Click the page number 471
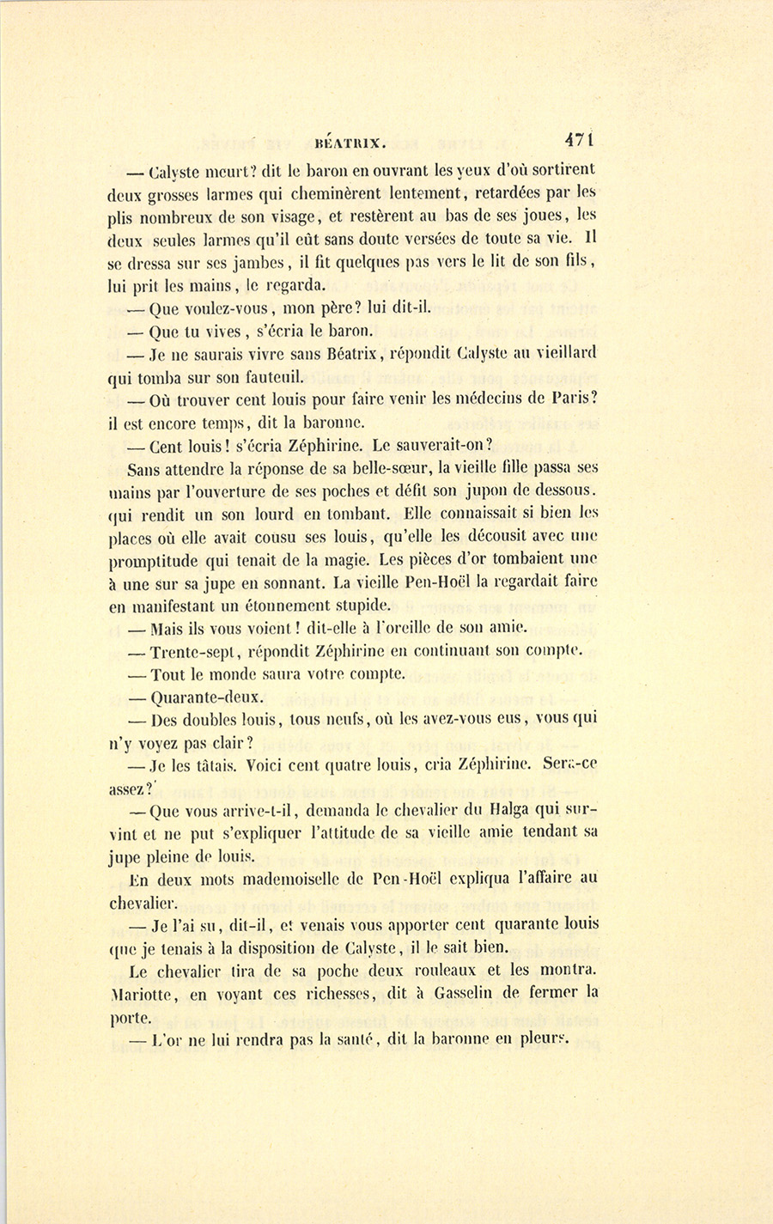click(580, 141)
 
